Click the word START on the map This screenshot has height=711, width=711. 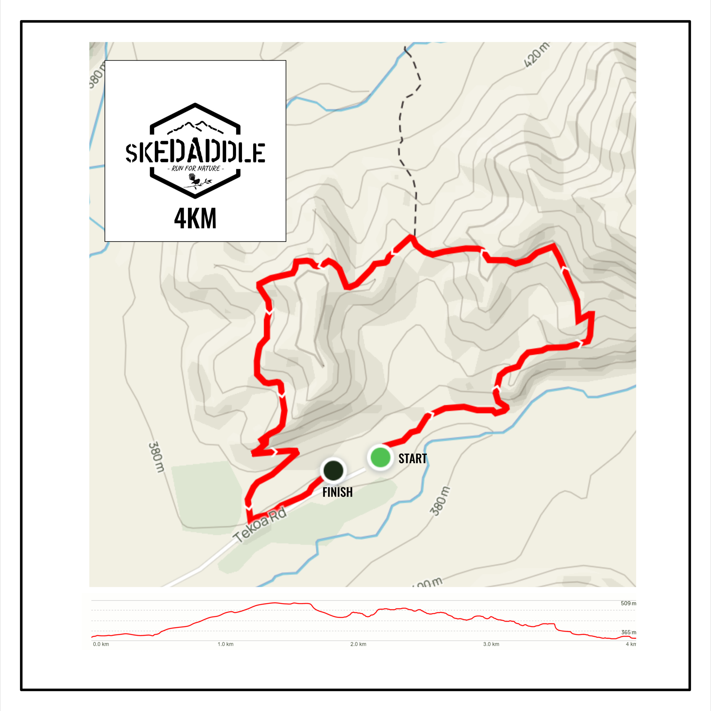click(413, 458)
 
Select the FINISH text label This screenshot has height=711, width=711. click(338, 492)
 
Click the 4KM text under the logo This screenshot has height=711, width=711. click(195, 219)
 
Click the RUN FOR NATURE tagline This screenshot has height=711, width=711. click(195, 169)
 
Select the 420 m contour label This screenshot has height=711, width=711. click(537, 55)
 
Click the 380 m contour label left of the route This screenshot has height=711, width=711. click(156, 457)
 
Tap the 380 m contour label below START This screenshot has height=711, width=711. click(440, 501)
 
